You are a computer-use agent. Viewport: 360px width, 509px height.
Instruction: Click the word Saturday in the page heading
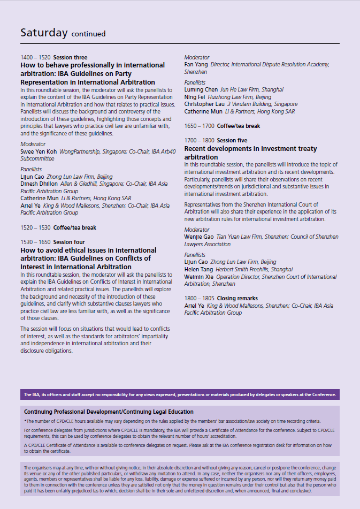[x=44, y=33]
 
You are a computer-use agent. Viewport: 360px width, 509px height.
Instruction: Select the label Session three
[x=70, y=57]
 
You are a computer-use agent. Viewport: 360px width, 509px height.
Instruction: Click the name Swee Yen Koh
[x=39, y=152]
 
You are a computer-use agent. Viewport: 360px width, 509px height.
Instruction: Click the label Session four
[x=69, y=242]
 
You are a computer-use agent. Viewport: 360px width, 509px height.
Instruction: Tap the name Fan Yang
[x=196, y=64]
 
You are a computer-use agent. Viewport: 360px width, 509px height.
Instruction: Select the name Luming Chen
[x=201, y=89]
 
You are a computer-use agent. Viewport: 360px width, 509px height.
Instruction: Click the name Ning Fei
[x=195, y=97]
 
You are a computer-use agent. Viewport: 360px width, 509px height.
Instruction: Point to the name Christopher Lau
[x=204, y=104]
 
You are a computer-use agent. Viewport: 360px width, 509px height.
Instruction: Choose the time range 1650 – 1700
[x=199, y=126]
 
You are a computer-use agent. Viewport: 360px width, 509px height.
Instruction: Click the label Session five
[x=232, y=141]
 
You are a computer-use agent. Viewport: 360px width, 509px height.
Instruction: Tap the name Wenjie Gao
[x=199, y=237]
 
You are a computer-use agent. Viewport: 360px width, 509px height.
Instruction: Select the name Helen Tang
[x=198, y=269]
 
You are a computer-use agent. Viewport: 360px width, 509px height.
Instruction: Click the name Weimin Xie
[x=198, y=277]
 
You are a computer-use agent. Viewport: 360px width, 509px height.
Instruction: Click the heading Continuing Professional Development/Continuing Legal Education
[x=109, y=412]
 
